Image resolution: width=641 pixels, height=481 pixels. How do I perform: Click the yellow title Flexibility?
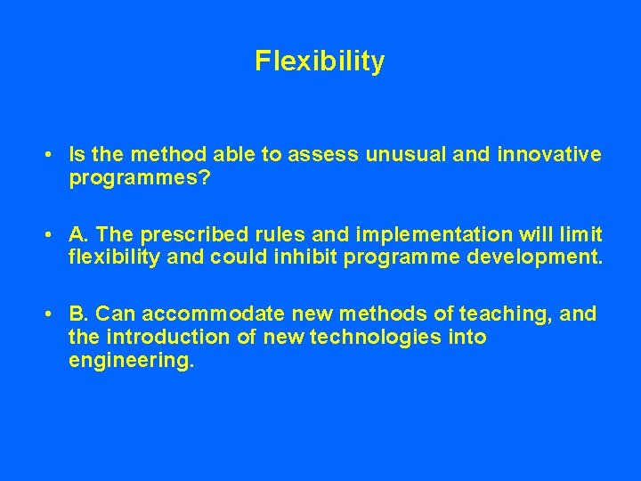coord(320,61)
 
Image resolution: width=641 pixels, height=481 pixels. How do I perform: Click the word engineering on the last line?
coord(130,361)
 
